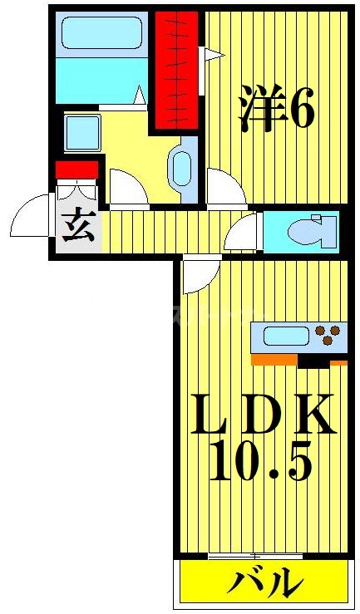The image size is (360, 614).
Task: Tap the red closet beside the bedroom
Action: (175, 71)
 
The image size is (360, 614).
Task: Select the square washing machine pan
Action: (83, 133)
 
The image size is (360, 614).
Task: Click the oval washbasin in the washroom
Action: (180, 169)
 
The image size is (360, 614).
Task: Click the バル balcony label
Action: (261, 581)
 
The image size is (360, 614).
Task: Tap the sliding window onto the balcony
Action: (254, 554)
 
